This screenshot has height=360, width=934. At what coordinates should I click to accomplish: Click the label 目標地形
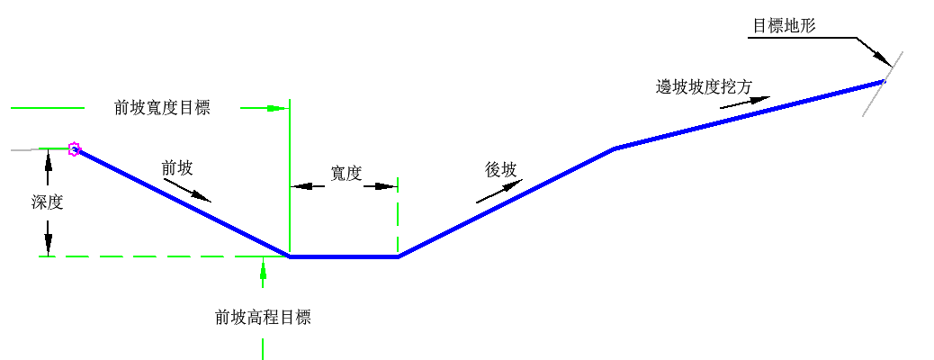[x=783, y=25]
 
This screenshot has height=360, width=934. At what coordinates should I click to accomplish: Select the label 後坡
[x=501, y=169]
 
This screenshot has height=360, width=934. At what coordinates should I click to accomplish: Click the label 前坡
[x=177, y=167]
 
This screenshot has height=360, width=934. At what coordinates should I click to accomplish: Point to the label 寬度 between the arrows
[x=346, y=174]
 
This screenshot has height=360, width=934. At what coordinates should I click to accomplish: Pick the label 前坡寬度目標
[x=162, y=108]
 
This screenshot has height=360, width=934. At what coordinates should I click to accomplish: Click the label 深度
[x=47, y=202]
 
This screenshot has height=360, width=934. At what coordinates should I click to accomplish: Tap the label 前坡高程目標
[x=263, y=317]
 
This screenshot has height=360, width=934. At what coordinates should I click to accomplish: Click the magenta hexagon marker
[x=75, y=149]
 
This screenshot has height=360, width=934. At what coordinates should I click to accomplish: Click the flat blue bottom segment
[x=344, y=256]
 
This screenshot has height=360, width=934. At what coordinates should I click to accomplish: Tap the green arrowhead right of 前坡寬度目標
[x=277, y=108]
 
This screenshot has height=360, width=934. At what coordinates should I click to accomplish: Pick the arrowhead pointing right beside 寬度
[x=386, y=186]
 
